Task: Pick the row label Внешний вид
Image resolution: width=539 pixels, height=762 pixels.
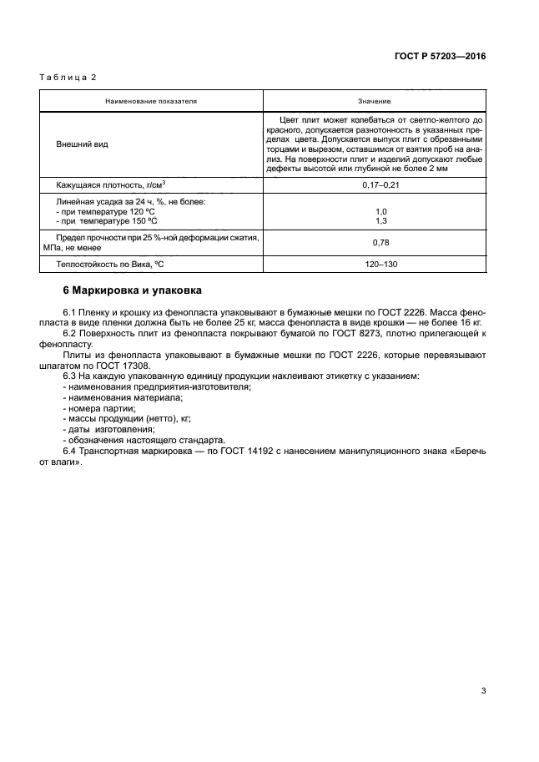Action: [x=82, y=144]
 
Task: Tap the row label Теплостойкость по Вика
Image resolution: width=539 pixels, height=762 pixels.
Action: [x=104, y=264]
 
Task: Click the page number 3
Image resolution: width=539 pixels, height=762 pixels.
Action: [x=483, y=689]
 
